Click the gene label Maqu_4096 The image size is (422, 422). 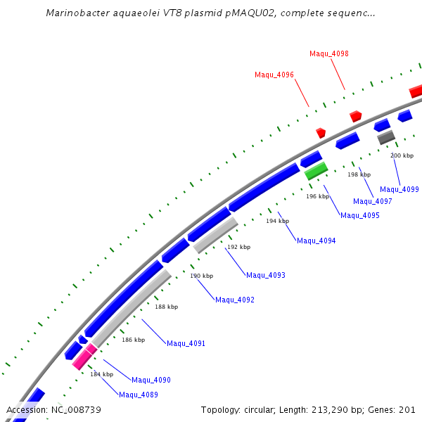274,75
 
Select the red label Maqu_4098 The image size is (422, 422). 329,53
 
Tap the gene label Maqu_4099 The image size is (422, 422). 399,189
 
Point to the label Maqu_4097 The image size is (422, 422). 373,201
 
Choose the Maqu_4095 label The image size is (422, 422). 360,215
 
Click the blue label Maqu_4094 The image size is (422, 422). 316,241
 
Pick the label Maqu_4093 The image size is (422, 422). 266,275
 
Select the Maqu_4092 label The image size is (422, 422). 235,300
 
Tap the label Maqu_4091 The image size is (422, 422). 186,343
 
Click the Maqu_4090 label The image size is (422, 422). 151,380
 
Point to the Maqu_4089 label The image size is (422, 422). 139,395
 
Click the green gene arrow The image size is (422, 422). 316,170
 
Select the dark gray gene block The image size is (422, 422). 386,138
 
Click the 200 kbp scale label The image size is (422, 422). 402,155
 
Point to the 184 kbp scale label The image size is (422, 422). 101,374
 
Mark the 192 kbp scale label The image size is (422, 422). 238,248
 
